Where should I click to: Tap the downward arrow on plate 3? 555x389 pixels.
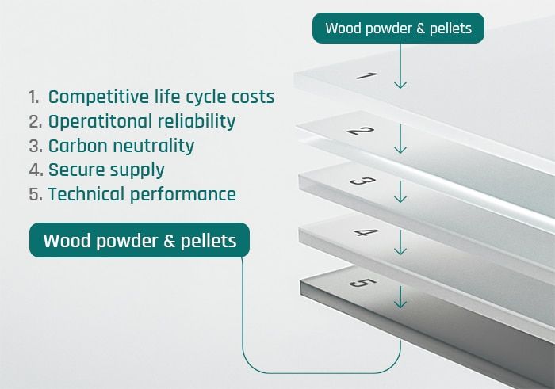(x=400, y=191)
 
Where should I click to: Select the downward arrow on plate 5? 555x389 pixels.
(x=400, y=297)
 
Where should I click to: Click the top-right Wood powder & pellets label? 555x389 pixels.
(x=399, y=29)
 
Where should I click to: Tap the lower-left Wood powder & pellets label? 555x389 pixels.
(x=140, y=240)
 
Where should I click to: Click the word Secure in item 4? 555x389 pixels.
(x=74, y=170)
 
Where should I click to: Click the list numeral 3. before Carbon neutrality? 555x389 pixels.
(x=34, y=146)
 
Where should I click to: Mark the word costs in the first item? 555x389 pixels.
(x=251, y=97)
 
